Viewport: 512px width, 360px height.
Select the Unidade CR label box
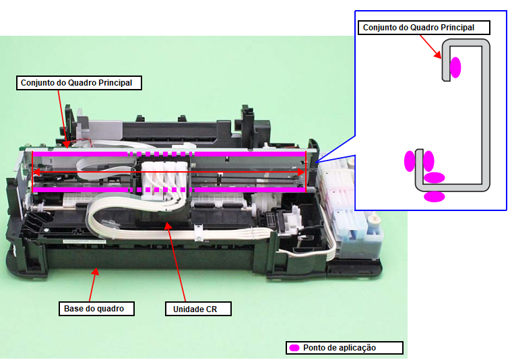[198, 309]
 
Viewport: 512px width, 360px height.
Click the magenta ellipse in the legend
[294, 348]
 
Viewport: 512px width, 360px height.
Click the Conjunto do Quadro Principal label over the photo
[81, 83]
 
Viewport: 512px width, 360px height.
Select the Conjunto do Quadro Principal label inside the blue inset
[418, 28]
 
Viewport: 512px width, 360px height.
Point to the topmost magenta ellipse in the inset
[455, 67]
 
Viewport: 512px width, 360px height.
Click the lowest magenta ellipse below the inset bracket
[435, 197]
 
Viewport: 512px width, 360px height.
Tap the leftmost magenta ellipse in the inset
[410, 160]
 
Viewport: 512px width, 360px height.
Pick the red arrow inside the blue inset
[430, 47]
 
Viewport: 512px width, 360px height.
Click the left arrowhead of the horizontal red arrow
[36, 173]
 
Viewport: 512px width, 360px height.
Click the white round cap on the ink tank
[373, 220]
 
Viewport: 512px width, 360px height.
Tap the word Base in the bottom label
[74, 309]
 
